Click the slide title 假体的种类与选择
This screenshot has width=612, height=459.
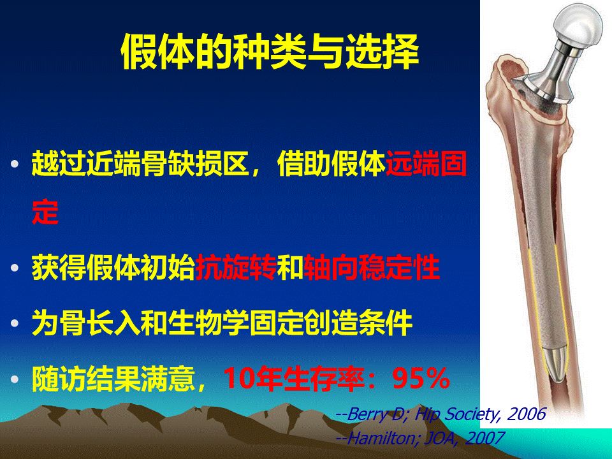[270, 52]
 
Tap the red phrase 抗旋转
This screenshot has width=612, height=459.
[236, 268]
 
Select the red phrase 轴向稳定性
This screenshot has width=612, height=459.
[372, 268]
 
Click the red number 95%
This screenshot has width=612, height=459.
[421, 378]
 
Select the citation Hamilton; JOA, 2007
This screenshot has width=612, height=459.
[419, 438]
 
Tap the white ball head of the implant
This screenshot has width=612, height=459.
[579, 25]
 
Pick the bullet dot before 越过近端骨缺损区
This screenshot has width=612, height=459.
[15, 164]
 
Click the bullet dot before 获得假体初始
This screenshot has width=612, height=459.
[15, 268]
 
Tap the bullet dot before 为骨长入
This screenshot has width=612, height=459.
[15, 324]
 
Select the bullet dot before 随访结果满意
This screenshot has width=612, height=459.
[15, 379]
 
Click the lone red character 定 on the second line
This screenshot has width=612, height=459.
[45, 212]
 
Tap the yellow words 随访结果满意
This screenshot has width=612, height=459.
[113, 379]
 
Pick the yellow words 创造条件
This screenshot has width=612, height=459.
[358, 323]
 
